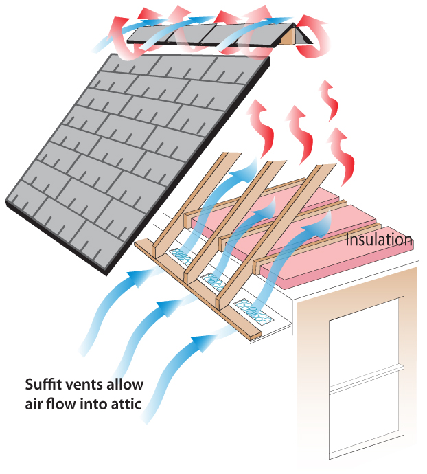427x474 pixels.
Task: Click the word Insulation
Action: (380, 240)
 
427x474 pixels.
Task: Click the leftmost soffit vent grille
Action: (184, 256)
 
